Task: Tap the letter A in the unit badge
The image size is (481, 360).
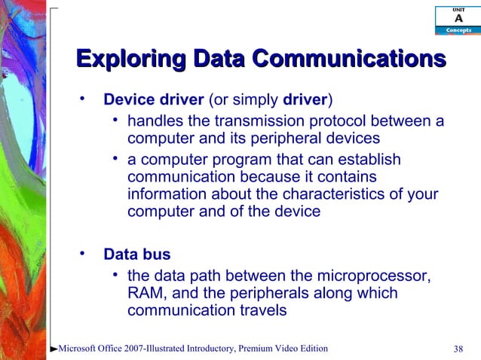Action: [x=458, y=18]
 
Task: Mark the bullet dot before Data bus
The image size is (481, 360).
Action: [x=84, y=252]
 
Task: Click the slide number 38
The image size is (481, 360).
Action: [x=458, y=348]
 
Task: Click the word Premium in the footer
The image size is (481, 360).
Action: [x=259, y=348]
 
